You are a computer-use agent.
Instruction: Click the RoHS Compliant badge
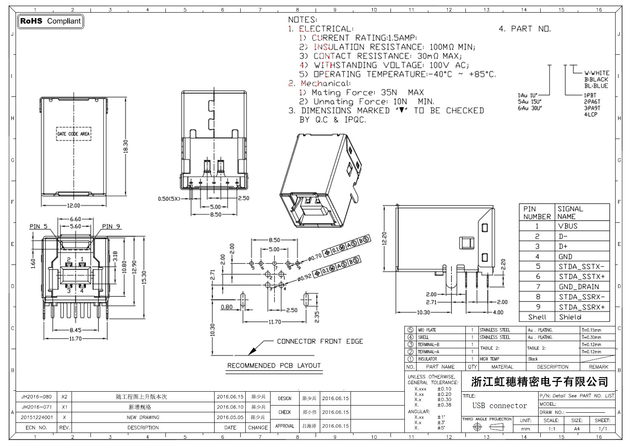tap(50, 21)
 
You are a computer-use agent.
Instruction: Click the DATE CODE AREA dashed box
tap(73, 134)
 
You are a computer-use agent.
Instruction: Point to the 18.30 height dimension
tap(125, 147)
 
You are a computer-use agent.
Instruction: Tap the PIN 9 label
tap(111, 227)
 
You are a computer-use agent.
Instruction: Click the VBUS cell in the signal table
tap(568, 226)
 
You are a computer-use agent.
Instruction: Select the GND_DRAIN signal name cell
tap(579, 287)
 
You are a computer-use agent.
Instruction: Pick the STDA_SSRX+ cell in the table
tap(582, 307)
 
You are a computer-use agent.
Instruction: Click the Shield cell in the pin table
tap(570, 317)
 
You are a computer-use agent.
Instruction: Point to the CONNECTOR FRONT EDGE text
tap(320, 342)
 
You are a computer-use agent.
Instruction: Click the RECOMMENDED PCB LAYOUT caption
tap(274, 366)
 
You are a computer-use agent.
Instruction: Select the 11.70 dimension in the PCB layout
tap(275, 322)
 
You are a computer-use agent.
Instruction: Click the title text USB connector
tap(499, 406)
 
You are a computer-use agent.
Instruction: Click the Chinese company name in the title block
tap(539, 382)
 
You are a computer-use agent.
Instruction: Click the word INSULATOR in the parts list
tap(427, 359)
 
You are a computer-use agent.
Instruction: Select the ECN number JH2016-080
tap(37, 397)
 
